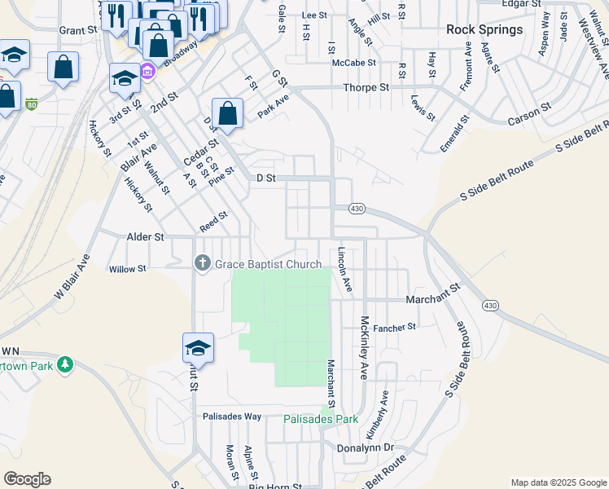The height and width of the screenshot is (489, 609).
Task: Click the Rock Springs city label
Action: coord(484,29)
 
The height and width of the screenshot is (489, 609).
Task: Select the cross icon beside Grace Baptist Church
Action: coord(203,263)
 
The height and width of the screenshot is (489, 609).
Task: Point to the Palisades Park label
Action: coord(321,419)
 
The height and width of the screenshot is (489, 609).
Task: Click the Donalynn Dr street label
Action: coord(365,447)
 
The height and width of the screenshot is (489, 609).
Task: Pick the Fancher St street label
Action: coord(395,326)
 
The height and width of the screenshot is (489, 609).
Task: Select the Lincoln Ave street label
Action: coord(344,270)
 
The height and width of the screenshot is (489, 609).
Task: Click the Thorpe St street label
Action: coord(366,87)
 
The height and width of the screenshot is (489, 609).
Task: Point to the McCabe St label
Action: coord(353,62)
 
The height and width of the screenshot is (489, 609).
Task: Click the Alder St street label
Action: coord(146,237)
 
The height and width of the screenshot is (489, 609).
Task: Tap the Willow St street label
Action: coord(127,268)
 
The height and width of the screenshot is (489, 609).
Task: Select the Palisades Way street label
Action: coord(232,416)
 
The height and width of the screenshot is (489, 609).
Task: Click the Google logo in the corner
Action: coord(27,479)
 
